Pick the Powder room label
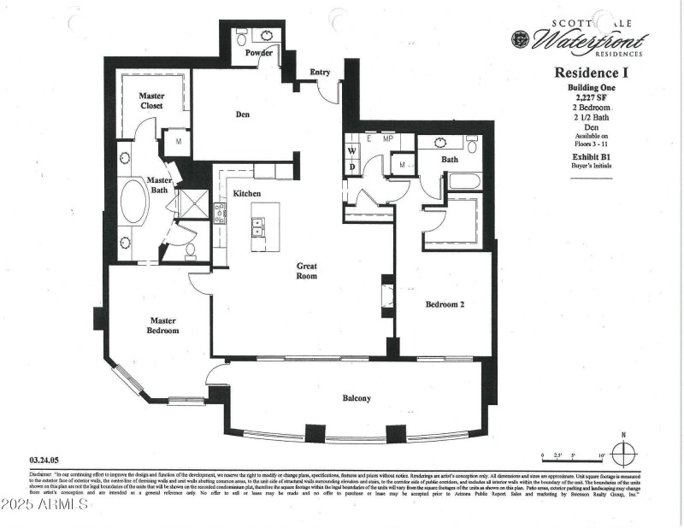click(258, 53)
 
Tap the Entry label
click(320, 73)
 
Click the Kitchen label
click(247, 195)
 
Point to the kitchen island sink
click(256, 227)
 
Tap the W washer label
click(351, 151)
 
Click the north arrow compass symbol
click(625, 453)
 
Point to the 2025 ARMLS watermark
click(46, 504)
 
